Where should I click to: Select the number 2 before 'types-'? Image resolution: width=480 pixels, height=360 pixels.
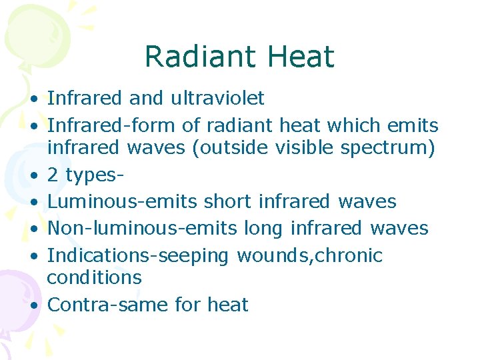pos(53,175)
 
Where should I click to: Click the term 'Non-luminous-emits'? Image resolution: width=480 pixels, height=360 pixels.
pos(142,228)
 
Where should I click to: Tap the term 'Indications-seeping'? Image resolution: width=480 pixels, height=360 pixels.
pos(138,256)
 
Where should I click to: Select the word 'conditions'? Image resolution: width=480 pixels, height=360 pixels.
pos(95,277)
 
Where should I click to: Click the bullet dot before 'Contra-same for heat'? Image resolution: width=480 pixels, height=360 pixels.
pos(33,305)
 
